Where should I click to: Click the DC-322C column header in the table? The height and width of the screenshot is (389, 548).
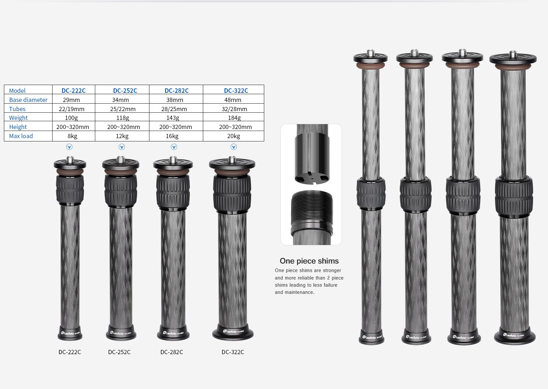pyautogui.click(x=236, y=91)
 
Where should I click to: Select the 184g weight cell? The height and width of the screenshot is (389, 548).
pyautogui.click(x=234, y=118)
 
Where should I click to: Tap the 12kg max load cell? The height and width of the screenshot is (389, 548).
pyautogui.click(x=122, y=136)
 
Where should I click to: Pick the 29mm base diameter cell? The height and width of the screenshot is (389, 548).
pyautogui.click(x=71, y=100)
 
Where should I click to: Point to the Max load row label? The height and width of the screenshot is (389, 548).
pyautogui.click(x=21, y=136)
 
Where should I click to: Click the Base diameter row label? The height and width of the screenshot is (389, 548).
pyautogui.click(x=28, y=100)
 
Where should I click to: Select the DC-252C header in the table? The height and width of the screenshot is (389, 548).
pyautogui.click(x=125, y=91)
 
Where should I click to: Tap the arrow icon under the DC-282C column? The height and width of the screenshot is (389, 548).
pyautogui.click(x=174, y=147)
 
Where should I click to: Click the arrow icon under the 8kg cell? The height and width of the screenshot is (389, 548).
pyautogui.click(x=69, y=147)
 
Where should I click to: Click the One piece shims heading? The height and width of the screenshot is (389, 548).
pyautogui.click(x=309, y=261)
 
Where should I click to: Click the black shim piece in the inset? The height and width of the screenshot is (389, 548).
pyautogui.click(x=312, y=160)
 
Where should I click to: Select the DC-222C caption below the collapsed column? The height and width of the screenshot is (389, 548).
pyautogui.click(x=69, y=352)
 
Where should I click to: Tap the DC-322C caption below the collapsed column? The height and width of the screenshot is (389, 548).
pyautogui.click(x=233, y=352)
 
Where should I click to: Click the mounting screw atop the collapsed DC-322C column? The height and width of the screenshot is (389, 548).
pyautogui.click(x=232, y=159)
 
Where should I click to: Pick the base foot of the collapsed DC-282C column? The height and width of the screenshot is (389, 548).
pyautogui.click(x=173, y=333)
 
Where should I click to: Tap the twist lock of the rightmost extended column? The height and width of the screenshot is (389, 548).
pyautogui.click(x=514, y=197)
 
